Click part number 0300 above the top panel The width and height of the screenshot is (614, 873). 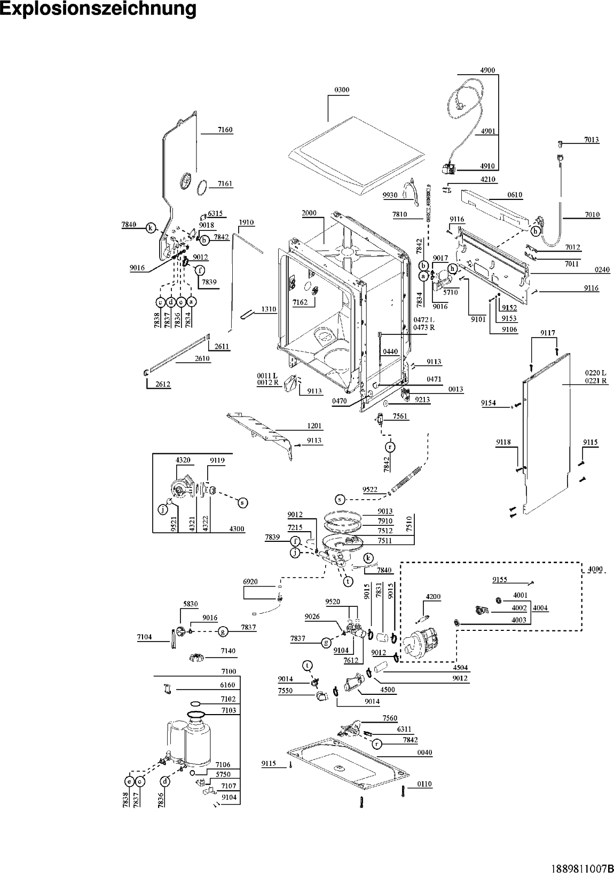pos(342,90)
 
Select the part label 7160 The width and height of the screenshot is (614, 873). pos(225,130)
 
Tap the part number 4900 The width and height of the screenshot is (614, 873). pos(487,70)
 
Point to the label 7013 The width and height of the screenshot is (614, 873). pos(592,140)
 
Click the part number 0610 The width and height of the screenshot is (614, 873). pos(515,195)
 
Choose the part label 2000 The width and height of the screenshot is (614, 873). pos(309,213)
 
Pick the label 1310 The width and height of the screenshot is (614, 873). pos(269,309)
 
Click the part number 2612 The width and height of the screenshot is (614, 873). pos(163,384)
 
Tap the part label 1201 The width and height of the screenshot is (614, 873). pos(314,426)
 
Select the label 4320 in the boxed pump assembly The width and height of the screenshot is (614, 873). pos(183,460)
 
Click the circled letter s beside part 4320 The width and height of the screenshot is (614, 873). pos(242,503)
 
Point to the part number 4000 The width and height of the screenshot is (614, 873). pos(595,570)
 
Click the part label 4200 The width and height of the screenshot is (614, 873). pos(433,597)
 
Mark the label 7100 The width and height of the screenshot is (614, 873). pos(229,671)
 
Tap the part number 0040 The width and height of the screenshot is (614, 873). pos(424,752)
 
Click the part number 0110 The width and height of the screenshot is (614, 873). pos(424,784)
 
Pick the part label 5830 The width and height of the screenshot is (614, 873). pos(191,604)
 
